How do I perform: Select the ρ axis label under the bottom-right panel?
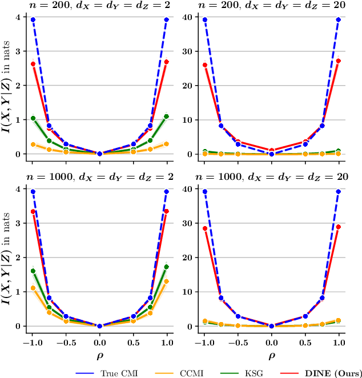coord(271,355)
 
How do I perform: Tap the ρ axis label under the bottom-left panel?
coord(99,355)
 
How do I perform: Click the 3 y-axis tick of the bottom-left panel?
coord(19,223)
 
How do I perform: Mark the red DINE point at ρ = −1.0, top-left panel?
coord(33,64)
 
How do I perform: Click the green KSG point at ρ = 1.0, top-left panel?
coord(167,116)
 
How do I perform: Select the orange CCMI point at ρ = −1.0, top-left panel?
coord(33,144)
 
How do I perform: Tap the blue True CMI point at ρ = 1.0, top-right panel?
coord(339,19)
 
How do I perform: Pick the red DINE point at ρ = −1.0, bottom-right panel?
coord(204,228)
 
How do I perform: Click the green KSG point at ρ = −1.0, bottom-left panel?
coord(33,271)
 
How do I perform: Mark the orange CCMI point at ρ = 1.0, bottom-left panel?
coord(167,282)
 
